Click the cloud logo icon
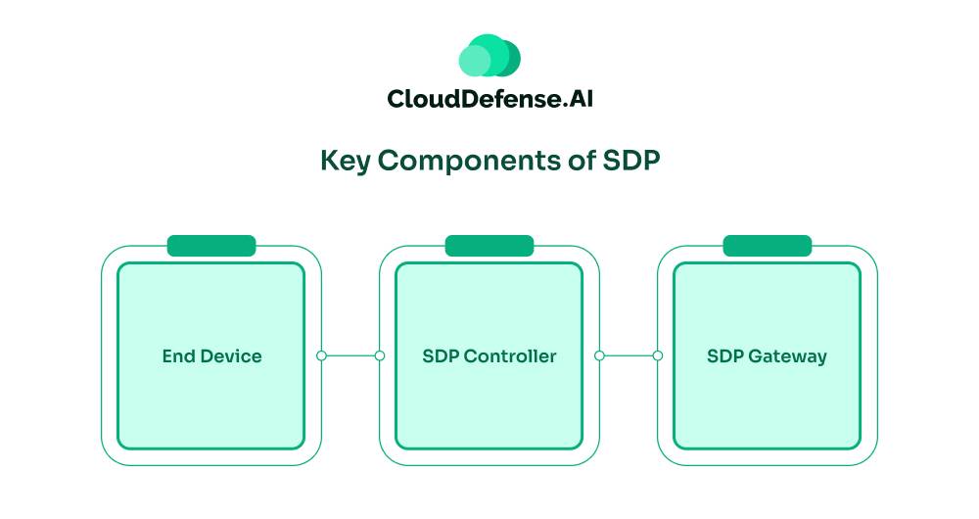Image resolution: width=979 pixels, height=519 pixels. point(489,56)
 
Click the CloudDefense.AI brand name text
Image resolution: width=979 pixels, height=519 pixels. point(489,99)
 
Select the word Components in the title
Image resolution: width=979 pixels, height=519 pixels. point(467,161)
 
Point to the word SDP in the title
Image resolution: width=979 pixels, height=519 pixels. point(629,161)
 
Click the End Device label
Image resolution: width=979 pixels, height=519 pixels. point(211,356)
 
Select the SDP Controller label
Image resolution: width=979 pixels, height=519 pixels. point(489,356)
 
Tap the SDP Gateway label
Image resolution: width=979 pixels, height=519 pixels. point(767,356)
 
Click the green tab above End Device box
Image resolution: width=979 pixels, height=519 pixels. point(211,246)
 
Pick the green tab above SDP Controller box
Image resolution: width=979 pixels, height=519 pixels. point(489,246)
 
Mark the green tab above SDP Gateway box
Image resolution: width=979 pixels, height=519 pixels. point(767,246)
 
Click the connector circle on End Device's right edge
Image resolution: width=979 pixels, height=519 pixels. point(321,355)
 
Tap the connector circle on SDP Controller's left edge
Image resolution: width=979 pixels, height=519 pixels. point(380,355)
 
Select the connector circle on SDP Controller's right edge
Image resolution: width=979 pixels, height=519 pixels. point(599,355)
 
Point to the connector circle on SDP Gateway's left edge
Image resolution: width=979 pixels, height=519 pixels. point(658,355)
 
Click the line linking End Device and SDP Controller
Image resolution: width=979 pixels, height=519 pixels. point(350,355)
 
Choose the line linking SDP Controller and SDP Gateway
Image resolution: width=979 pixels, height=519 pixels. point(629,355)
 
